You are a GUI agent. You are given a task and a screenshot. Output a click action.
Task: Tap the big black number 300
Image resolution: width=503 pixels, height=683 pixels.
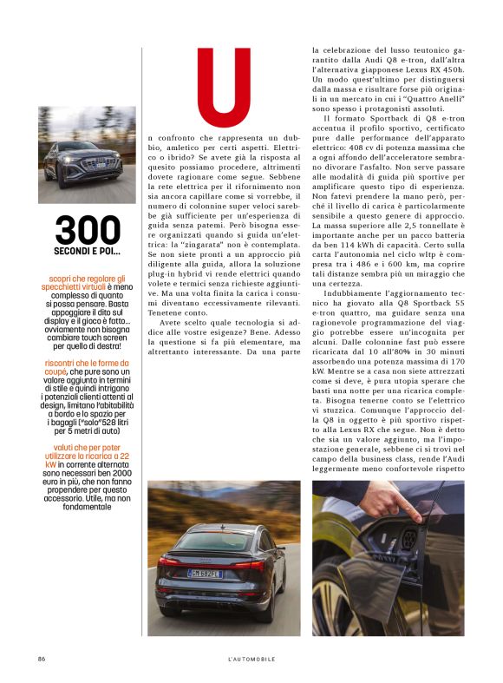88,230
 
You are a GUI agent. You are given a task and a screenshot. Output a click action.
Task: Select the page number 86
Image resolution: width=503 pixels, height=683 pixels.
41,659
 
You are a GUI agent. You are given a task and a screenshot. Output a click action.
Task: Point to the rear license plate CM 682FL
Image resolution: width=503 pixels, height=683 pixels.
206,573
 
